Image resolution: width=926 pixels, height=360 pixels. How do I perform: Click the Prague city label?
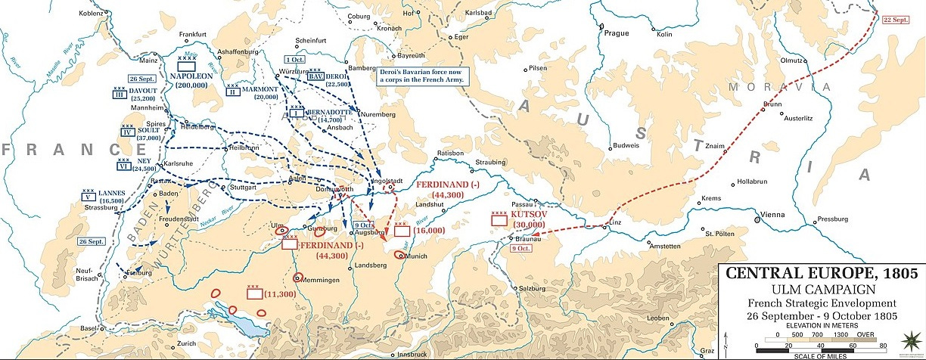coord(617,33)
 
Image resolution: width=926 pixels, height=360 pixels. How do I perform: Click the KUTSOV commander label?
coord(530,215)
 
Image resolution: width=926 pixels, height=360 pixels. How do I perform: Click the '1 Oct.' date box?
coord(295,59)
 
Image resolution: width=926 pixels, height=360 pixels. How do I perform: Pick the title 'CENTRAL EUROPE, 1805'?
coord(820,273)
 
